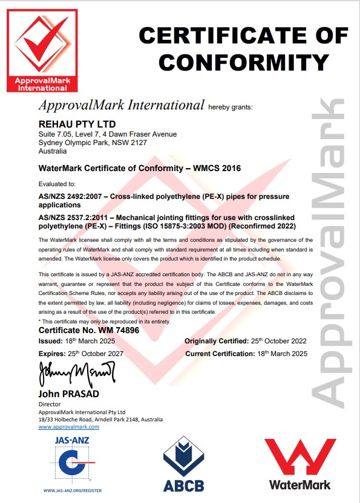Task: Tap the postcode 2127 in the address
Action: (139, 143)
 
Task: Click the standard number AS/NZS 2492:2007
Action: (68, 196)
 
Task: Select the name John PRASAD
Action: (69, 394)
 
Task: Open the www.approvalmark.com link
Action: (68, 427)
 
